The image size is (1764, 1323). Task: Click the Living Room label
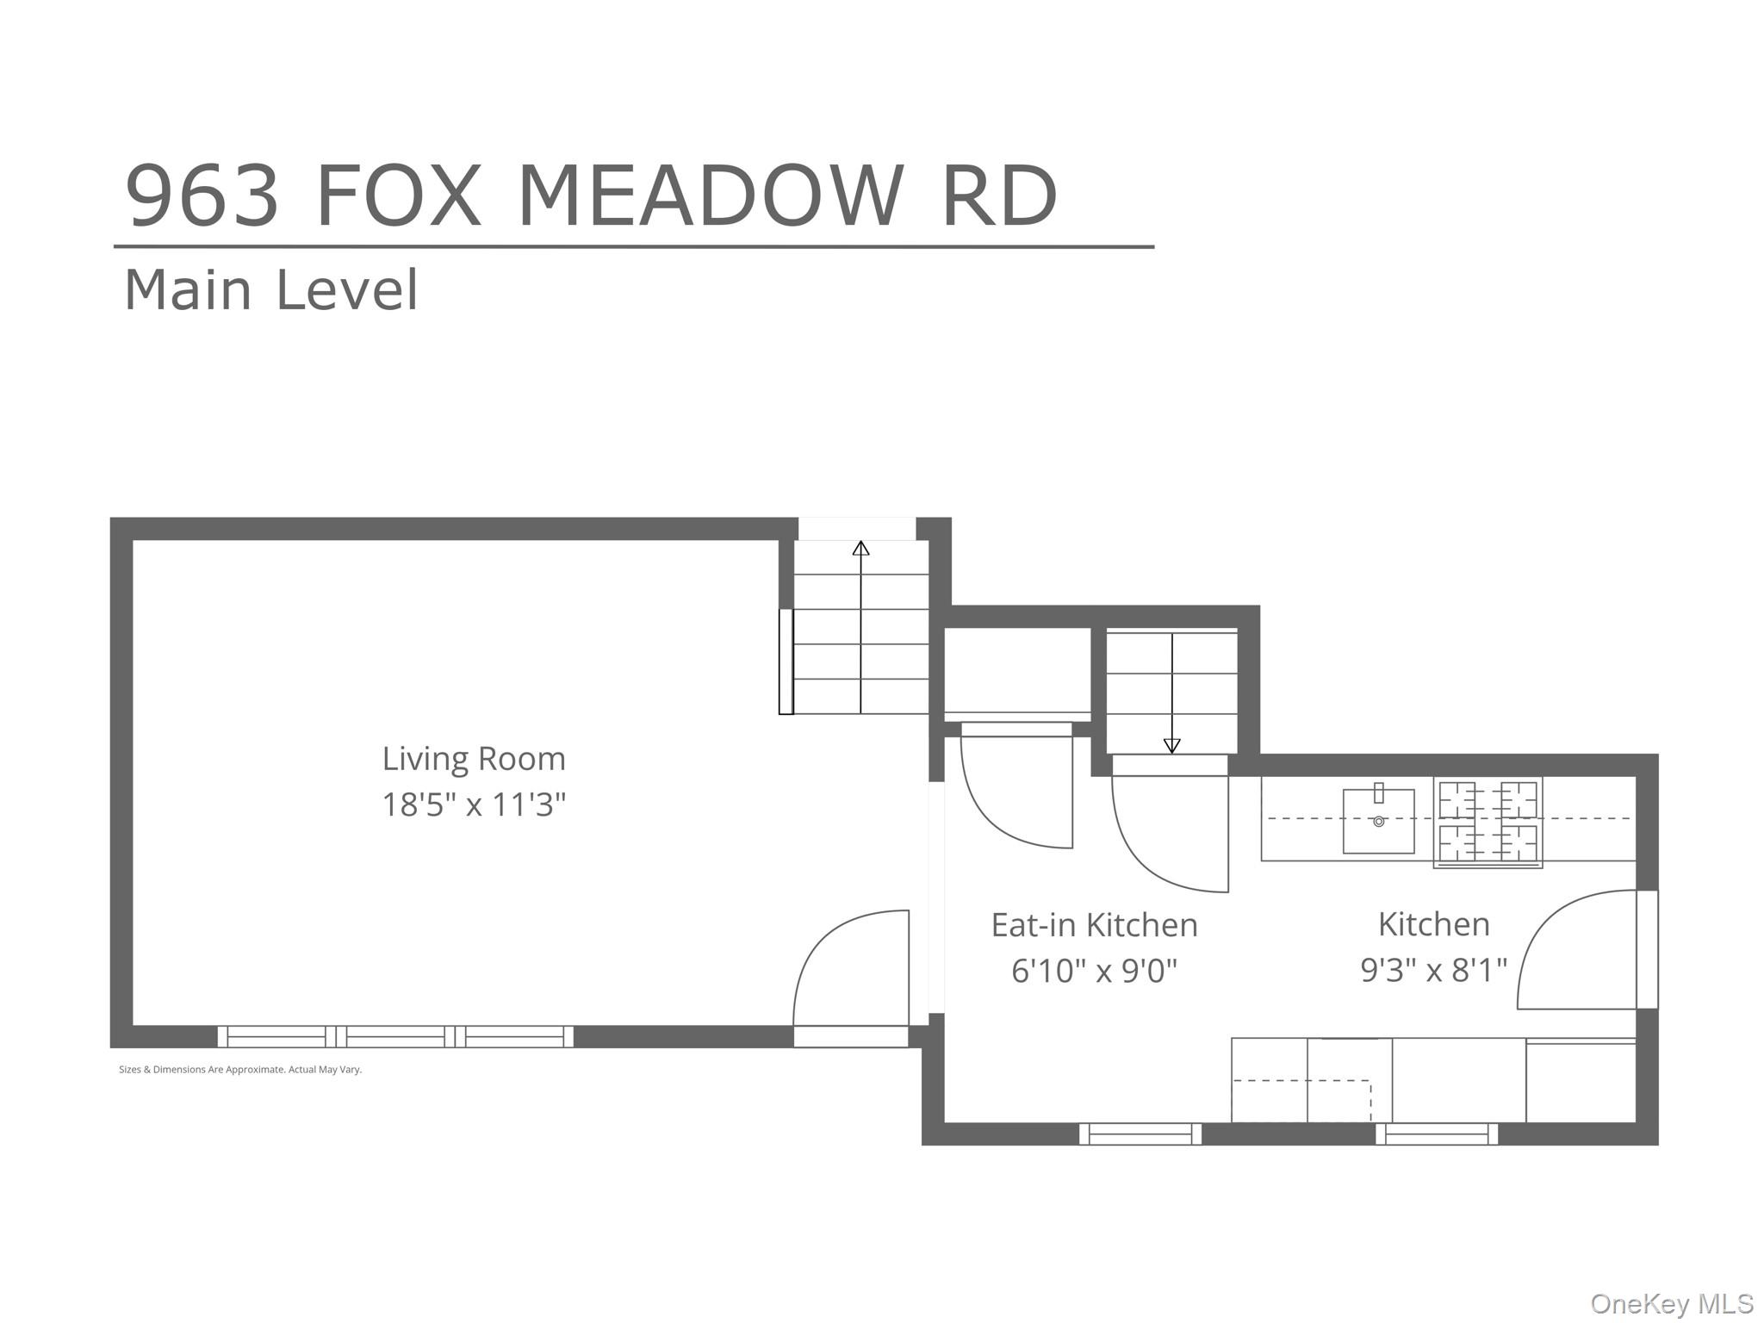click(474, 759)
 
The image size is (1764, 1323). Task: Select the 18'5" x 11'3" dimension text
click(474, 805)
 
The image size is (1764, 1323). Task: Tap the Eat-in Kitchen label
click(1094, 925)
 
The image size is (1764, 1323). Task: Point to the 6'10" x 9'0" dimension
click(1094, 972)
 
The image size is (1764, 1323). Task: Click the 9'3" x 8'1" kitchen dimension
click(1433, 971)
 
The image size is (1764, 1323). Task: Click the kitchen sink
click(1378, 821)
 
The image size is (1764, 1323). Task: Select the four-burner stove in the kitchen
click(1488, 821)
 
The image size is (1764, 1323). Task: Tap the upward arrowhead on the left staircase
click(860, 549)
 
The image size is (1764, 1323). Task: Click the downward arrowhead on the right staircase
click(1171, 746)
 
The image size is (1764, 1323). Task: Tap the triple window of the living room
click(395, 1036)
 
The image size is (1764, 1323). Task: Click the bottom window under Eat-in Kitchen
click(1140, 1134)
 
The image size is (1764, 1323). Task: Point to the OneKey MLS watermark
click(1671, 1303)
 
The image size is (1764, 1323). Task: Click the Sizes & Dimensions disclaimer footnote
click(240, 1070)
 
